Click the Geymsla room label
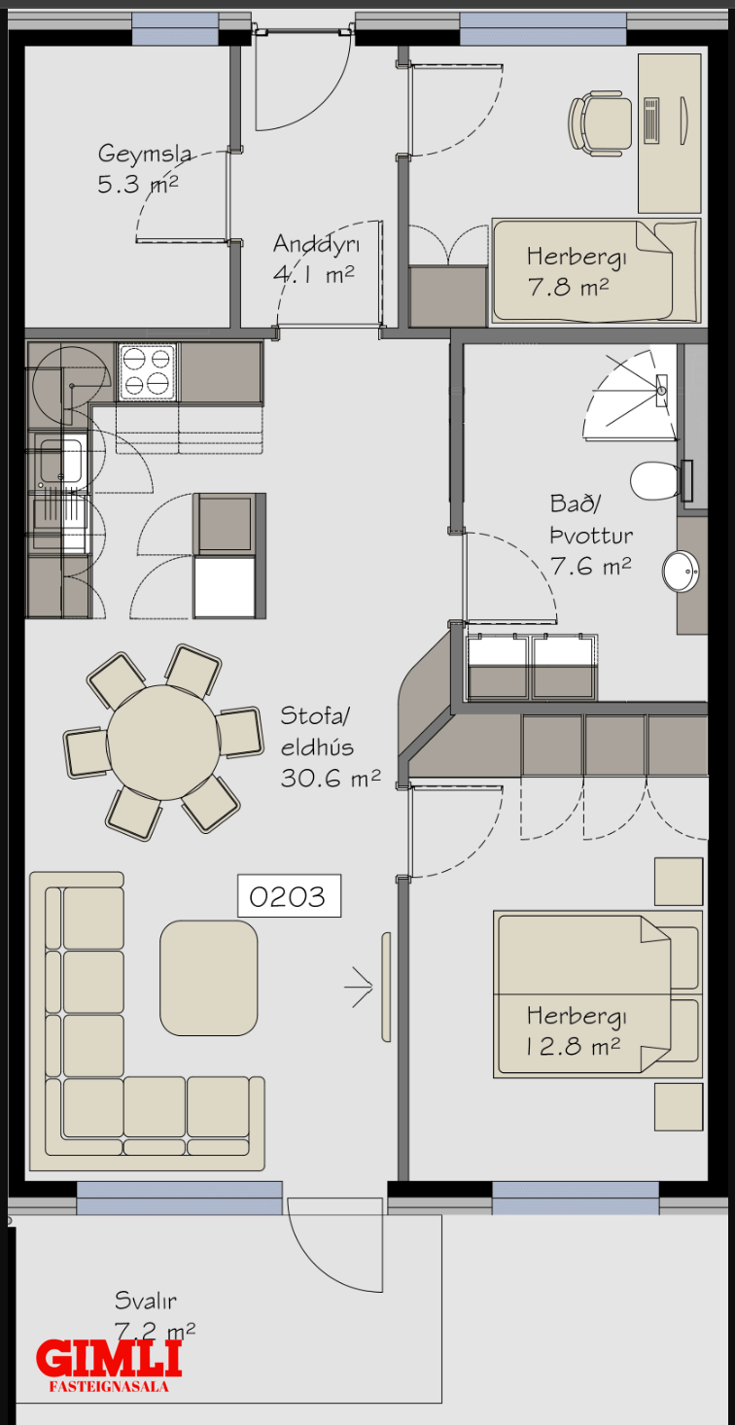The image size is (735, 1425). click(x=145, y=154)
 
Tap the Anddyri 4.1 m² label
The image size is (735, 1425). click(x=316, y=259)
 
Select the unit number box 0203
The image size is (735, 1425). click(x=289, y=895)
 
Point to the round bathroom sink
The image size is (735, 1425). click(x=681, y=571)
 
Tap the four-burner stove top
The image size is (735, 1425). click(x=147, y=372)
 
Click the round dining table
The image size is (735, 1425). click(x=163, y=742)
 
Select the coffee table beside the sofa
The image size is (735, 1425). click(x=209, y=978)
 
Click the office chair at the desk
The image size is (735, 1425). click(x=600, y=122)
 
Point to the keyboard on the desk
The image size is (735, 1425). click(x=651, y=121)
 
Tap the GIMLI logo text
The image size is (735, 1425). click(x=109, y=1358)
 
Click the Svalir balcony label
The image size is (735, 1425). click(x=145, y=1301)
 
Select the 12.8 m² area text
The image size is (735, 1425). click(x=573, y=1047)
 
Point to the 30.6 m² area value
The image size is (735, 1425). click(x=331, y=778)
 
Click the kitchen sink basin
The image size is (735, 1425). click(x=61, y=460)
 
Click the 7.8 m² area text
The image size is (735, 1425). click(x=569, y=287)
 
